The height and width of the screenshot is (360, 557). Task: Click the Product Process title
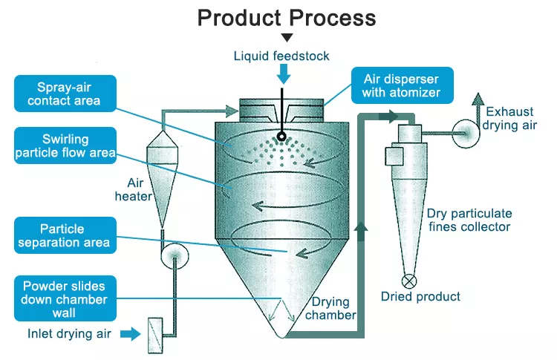click(286, 18)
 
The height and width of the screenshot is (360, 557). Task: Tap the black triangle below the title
click(287, 37)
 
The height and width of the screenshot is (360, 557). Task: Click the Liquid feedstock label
click(281, 56)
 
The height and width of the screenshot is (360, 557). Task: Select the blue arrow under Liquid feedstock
click(283, 73)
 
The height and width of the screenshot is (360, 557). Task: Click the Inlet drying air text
click(70, 334)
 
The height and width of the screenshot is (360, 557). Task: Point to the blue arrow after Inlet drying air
click(130, 334)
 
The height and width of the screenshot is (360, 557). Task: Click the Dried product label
click(420, 297)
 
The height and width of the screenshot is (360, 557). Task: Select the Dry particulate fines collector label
click(469, 220)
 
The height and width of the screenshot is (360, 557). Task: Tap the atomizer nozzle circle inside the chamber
click(282, 137)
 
